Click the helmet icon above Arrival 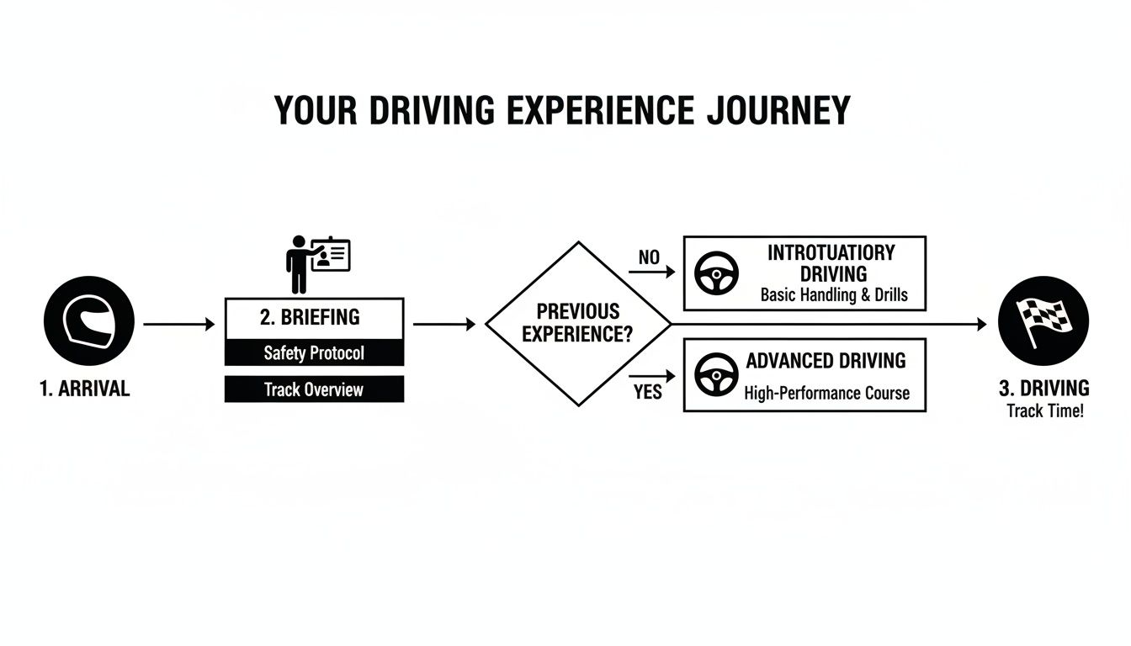pyautogui.click(x=88, y=321)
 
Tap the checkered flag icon pyautogui.click(x=1043, y=322)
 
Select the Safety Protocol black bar pyautogui.click(x=314, y=352)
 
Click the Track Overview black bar pyautogui.click(x=314, y=389)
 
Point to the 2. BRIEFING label pyautogui.click(x=310, y=317)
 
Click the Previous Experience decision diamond pyautogui.click(x=577, y=323)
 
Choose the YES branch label pyautogui.click(x=647, y=392)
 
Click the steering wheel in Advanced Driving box pyautogui.click(x=716, y=375)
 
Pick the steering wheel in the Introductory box pyautogui.click(x=716, y=273)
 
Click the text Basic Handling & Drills pyautogui.click(x=834, y=295)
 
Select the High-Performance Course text pyautogui.click(x=826, y=393)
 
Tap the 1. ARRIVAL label pyautogui.click(x=85, y=389)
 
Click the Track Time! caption pyautogui.click(x=1045, y=411)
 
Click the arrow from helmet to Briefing pyautogui.click(x=179, y=324)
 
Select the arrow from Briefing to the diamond pyautogui.click(x=444, y=324)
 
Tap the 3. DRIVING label pyautogui.click(x=1043, y=388)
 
